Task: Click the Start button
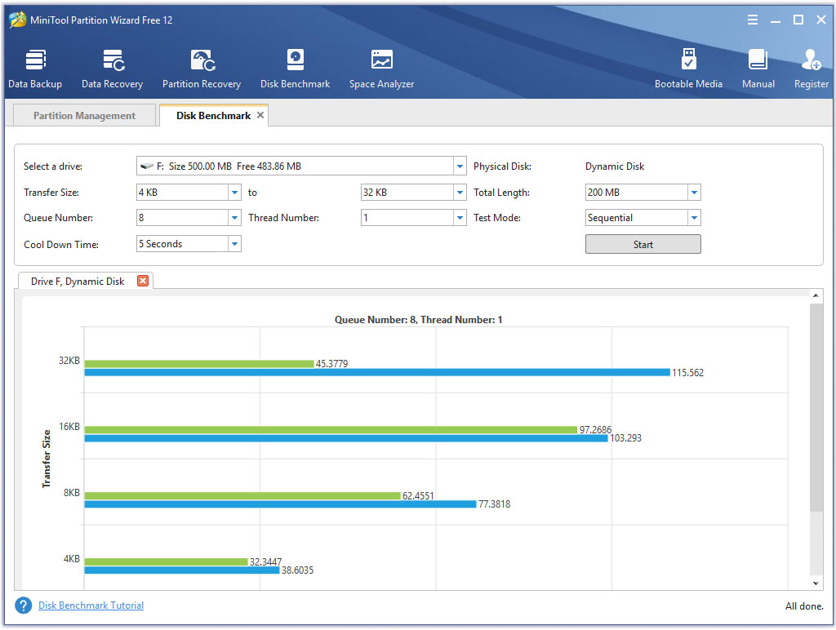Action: [643, 244]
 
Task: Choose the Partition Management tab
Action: [84, 116]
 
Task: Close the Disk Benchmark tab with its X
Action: [260, 115]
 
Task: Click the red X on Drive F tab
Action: [143, 281]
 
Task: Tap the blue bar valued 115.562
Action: [376, 372]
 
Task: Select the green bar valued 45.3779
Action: [198, 363]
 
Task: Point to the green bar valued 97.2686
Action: [331, 429]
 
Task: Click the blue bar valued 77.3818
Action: [280, 504]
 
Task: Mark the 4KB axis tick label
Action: [71, 559]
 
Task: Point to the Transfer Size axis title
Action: [47, 459]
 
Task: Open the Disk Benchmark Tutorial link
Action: [91, 606]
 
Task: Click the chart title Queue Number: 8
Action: [418, 320]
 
